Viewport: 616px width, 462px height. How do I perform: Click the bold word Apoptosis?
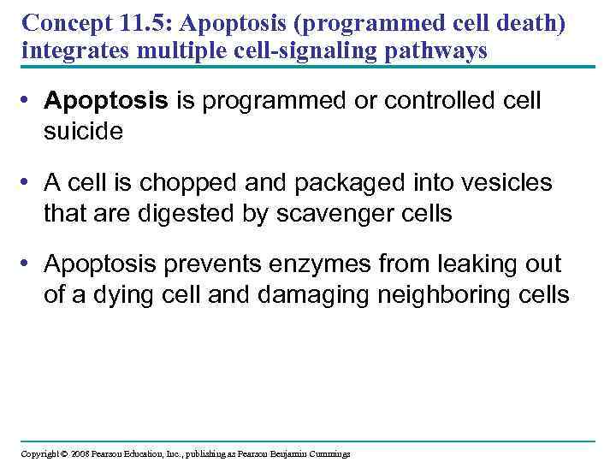tap(106, 102)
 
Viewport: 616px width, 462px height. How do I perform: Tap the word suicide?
tap(84, 131)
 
